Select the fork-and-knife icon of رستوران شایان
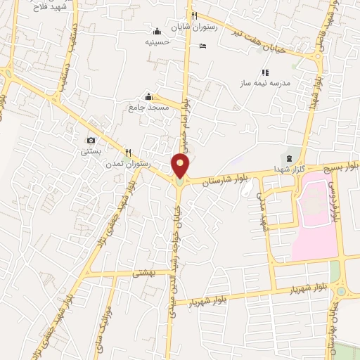click(x=194, y=16)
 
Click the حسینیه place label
click(x=157, y=42)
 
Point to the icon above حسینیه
click(x=157, y=31)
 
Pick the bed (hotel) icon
click(x=203, y=46)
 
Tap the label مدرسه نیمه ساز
click(x=266, y=83)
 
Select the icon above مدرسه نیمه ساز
click(x=265, y=72)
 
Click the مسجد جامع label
click(x=148, y=108)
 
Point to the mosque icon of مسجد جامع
click(x=148, y=96)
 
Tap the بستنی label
click(x=91, y=151)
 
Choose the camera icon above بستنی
click(x=91, y=140)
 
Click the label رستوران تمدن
click(x=128, y=163)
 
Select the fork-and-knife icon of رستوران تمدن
click(x=128, y=152)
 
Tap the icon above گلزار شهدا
click(x=286, y=156)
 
